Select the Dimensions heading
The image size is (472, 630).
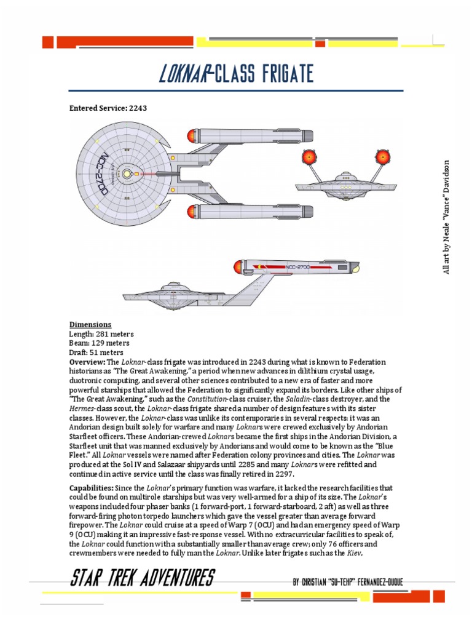coord(90,325)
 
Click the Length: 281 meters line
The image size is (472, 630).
coord(101,334)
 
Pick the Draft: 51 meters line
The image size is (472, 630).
coord(96,353)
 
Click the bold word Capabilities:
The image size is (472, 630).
coord(94,488)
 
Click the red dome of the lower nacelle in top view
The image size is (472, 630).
coord(189,212)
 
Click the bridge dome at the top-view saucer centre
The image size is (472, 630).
coord(127,175)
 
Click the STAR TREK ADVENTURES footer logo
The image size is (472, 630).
coord(142,579)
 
